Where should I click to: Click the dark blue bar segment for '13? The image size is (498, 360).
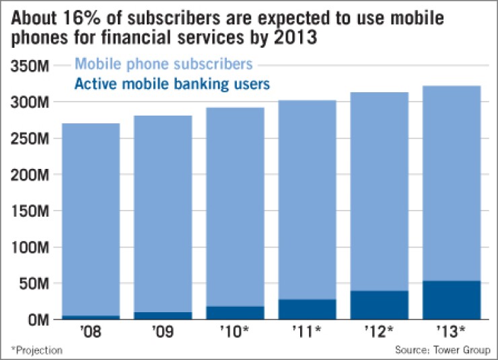coord(451,300)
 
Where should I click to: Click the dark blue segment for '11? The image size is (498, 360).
coord(307,309)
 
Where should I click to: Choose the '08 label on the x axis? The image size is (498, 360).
coord(90,332)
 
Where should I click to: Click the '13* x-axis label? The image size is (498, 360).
coord(452,332)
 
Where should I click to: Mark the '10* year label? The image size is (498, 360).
coord(235,332)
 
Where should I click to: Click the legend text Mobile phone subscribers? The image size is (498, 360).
coord(164,65)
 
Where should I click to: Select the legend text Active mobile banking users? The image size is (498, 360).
coord(172,84)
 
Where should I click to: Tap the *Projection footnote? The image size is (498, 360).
coord(36,350)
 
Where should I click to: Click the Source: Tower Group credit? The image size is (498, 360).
coord(442,350)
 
